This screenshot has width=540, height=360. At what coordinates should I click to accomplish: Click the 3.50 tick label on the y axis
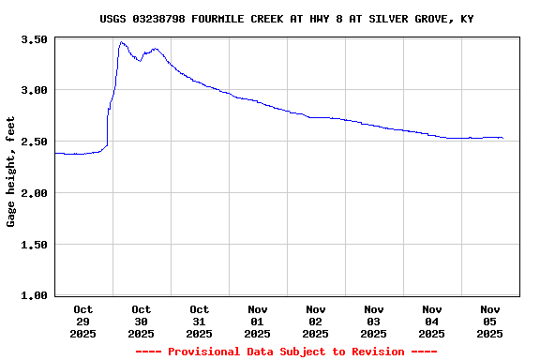[34, 39]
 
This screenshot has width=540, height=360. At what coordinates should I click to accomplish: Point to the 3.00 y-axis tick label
[34, 91]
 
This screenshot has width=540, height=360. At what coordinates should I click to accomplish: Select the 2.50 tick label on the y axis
[34, 142]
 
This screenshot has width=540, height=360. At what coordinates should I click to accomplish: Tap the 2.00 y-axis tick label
[34, 193]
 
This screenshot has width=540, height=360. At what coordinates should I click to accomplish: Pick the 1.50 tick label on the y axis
[34, 245]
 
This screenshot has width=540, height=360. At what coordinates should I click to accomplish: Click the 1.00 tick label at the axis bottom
[34, 296]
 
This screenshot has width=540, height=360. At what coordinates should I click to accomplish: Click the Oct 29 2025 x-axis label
[82, 321]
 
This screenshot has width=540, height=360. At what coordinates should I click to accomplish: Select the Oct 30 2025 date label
[141, 321]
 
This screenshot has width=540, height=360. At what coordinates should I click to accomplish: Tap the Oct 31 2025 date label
[199, 321]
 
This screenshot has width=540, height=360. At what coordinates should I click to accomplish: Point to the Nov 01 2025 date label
[257, 321]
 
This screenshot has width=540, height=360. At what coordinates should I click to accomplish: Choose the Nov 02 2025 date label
[315, 321]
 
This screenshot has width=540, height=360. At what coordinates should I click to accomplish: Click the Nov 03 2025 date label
[373, 321]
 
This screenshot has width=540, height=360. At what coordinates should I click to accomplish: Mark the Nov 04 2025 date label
[431, 321]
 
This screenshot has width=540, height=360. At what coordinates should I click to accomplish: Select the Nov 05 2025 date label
[489, 321]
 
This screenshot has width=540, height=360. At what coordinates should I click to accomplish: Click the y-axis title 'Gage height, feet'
[11, 172]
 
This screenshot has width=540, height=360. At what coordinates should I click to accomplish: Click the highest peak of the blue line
[122, 42]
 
